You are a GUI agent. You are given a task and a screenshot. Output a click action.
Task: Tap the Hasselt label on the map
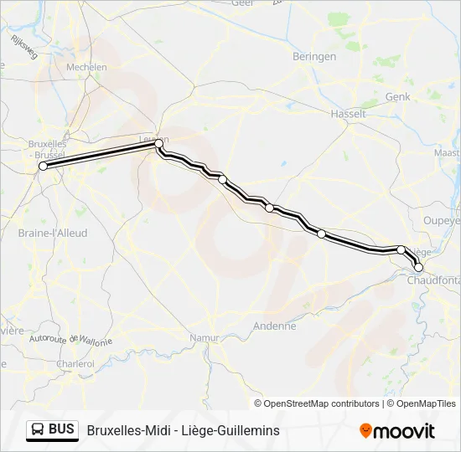[x=349, y=113]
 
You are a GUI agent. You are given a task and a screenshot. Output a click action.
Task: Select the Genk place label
[x=397, y=97]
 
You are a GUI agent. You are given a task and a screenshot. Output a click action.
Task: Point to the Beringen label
[x=314, y=57]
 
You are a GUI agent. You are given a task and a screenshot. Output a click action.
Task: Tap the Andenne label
[x=276, y=326]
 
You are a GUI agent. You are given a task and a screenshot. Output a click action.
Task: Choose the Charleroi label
[x=75, y=364]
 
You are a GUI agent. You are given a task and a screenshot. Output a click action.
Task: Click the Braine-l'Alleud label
[x=53, y=234]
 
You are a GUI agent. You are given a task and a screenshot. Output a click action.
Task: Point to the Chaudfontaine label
[x=434, y=280]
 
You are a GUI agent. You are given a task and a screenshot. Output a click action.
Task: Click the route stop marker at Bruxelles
[x=43, y=167]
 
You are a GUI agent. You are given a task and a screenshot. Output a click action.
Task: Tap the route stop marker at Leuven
[x=158, y=144]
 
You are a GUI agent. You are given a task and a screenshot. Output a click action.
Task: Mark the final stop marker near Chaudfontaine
[x=418, y=268]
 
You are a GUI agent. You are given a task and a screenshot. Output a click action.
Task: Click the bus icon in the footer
[x=39, y=430]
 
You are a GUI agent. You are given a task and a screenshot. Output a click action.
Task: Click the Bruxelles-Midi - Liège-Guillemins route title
[x=183, y=430]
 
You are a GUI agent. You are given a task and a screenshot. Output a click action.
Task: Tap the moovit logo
[x=397, y=431]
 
